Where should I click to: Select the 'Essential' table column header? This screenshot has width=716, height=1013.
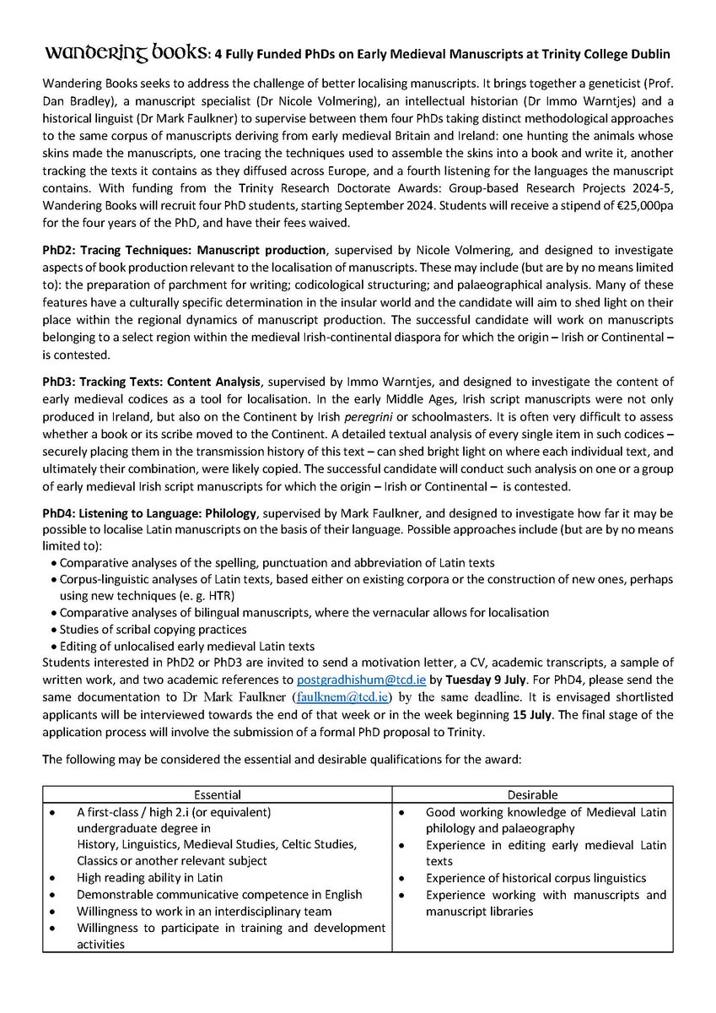218,794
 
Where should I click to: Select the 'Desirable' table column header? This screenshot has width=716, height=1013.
534,794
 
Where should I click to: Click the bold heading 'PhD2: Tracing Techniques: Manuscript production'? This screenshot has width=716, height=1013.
184,251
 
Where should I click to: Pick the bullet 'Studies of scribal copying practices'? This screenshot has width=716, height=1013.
153,629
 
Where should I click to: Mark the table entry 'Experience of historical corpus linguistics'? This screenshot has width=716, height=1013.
536,878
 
